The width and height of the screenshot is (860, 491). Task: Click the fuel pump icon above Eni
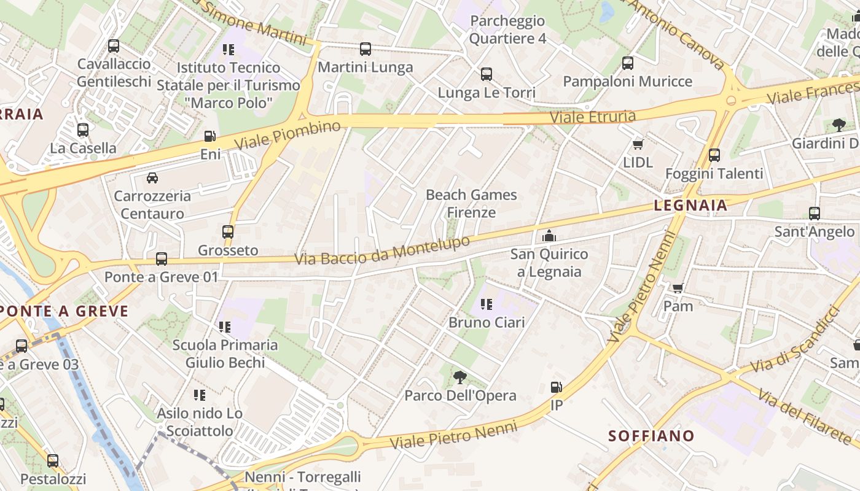point(210,136)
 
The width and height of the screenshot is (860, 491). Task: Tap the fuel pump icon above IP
point(556,387)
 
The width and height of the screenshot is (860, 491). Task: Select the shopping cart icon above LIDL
point(638,144)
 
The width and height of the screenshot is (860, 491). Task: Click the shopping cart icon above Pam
point(678,288)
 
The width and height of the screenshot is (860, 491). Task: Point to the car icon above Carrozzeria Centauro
point(152,178)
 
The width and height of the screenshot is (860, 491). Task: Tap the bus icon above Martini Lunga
point(365,49)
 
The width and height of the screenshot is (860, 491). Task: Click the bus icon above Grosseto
point(228,232)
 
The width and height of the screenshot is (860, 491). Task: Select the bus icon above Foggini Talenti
point(714,155)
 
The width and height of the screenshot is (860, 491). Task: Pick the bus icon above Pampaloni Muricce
point(627,63)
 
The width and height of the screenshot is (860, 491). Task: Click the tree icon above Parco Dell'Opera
point(459,377)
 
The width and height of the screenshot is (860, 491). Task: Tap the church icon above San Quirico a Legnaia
point(549,236)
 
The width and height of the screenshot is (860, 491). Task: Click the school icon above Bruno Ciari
point(487,304)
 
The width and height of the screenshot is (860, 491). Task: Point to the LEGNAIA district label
point(690,206)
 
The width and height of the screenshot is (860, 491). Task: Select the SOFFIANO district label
point(651,436)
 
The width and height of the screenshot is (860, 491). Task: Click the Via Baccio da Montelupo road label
point(382,250)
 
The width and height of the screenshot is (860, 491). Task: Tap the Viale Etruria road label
point(592,116)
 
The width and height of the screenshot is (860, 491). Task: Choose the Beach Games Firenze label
point(471,204)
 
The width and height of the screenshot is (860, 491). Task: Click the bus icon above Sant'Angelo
point(814,214)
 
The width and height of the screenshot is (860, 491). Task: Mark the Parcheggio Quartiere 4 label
point(507,29)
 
